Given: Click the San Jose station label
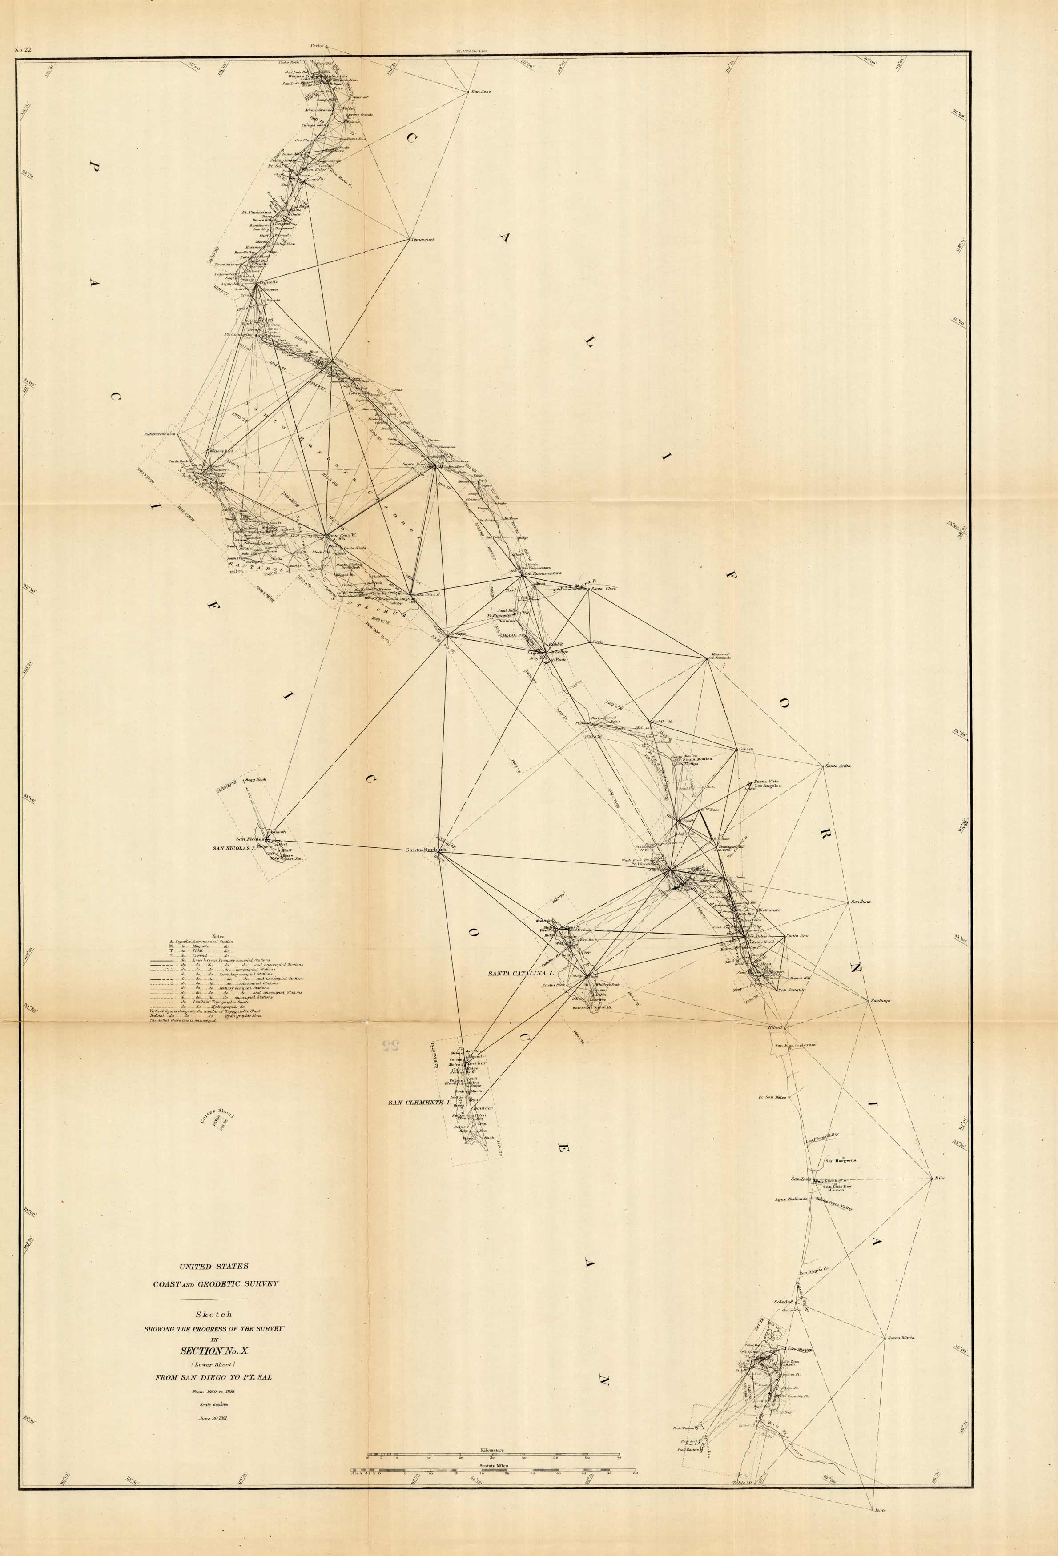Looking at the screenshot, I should [x=481, y=92].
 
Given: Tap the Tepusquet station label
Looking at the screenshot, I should [x=424, y=239].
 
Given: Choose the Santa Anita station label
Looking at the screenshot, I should [x=838, y=765].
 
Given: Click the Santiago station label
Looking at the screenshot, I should [x=880, y=1001].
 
